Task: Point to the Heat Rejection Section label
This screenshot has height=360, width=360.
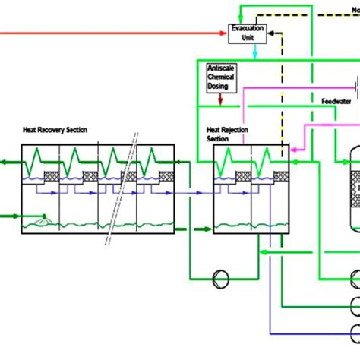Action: click(x=223, y=134)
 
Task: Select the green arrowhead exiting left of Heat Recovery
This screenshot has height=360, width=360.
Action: click(x=4, y=162)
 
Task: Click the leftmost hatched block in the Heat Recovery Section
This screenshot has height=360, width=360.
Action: click(x=51, y=175)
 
